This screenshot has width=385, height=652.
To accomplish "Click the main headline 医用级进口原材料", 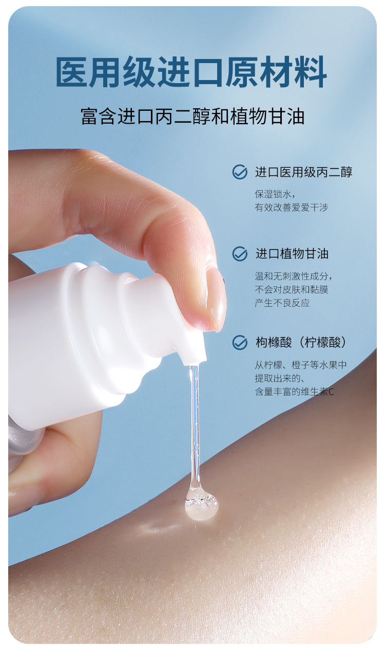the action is point(191,72).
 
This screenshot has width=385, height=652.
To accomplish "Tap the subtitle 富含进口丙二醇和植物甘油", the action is point(192,116).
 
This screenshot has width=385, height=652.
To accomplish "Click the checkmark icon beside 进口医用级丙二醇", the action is point(240,172).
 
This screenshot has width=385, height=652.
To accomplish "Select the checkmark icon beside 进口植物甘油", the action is point(240,254).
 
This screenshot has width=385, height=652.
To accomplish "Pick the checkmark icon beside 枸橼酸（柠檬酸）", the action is point(240,342).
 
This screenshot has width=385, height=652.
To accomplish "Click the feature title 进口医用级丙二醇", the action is point(304,172).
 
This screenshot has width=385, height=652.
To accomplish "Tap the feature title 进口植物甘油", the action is point(292,254).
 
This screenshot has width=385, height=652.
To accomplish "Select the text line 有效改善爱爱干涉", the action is point(291,208).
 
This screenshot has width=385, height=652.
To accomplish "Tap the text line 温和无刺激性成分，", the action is point(294,276).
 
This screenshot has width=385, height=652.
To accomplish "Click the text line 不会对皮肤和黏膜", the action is point(291,290).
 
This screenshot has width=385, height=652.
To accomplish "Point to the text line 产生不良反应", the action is point(282,303).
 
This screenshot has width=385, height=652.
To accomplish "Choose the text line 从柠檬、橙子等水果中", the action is point(300,365).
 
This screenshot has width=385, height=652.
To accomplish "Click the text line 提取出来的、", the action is point(280,379).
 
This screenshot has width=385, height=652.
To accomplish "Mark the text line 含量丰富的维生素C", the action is point(294,392).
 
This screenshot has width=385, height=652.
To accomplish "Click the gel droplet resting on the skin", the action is point(201,506).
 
